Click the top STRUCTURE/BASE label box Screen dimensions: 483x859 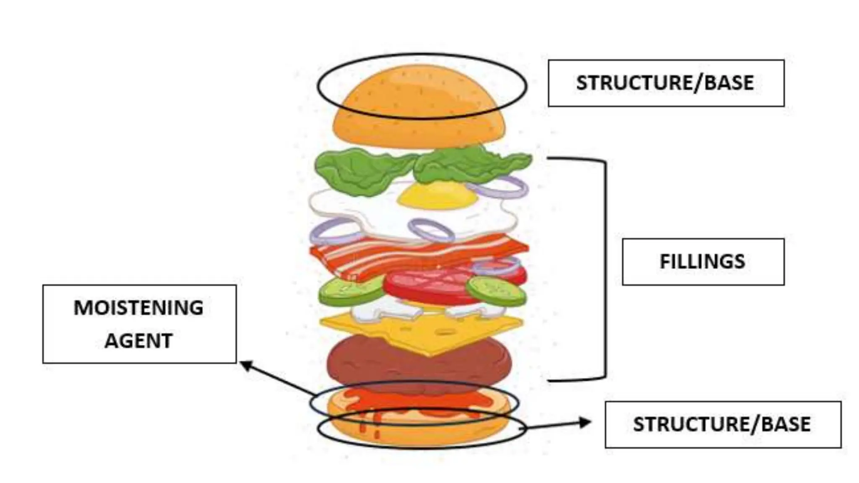[666, 83]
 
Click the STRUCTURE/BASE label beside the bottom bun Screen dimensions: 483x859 [722, 424]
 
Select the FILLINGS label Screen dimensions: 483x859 [703, 262]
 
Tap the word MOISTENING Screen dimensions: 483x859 [138, 308]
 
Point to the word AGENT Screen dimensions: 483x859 [138, 340]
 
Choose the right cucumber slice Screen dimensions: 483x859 [496, 290]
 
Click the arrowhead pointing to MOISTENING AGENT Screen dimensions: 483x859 [245, 365]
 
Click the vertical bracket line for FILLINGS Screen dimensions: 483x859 [605, 268]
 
